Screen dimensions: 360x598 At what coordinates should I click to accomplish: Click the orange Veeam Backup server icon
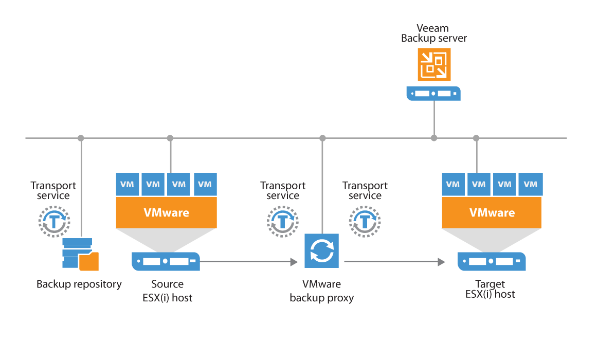tap(434, 64)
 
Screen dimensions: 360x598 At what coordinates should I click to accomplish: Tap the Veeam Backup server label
tap(434, 33)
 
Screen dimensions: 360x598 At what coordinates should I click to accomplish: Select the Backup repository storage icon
tap(80, 254)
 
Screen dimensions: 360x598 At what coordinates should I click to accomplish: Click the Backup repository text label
tap(79, 284)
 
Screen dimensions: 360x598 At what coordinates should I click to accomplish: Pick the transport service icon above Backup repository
tap(53, 221)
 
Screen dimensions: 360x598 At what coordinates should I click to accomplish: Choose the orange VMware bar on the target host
tap(492, 213)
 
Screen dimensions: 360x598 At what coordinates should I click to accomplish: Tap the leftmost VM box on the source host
tap(128, 184)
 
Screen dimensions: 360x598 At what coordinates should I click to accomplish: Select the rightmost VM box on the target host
tap(530, 184)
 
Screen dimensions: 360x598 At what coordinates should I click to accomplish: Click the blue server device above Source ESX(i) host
tap(166, 261)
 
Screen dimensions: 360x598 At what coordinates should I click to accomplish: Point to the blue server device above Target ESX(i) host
tap(492, 261)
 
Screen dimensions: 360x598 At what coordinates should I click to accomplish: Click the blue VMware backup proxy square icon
tap(322, 251)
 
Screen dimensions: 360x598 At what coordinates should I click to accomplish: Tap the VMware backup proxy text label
tap(322, 291)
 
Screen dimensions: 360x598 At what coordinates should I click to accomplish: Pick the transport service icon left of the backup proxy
tap(282, 221)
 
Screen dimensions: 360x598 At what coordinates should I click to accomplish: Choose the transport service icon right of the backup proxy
tap(365, 221)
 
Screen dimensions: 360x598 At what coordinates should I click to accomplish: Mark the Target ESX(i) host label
tap(490, 289)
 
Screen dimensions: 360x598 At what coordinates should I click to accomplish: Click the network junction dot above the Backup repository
tap(81, 138)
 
